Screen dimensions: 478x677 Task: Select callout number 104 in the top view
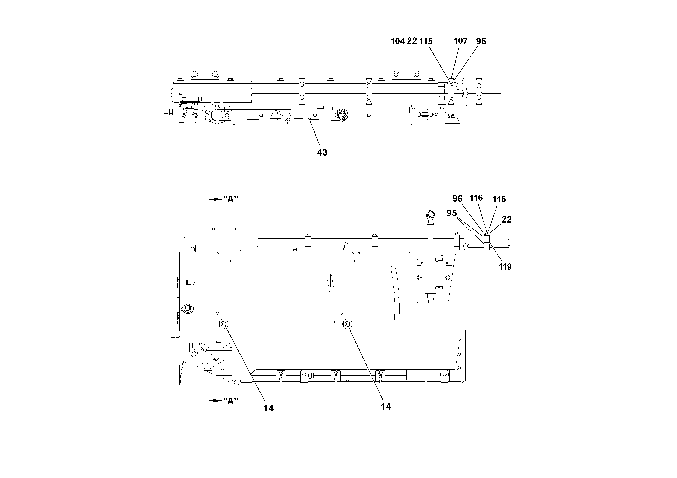pos(398,41)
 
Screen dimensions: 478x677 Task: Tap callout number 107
pos(460,41)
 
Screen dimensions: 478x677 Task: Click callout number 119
pos(505,267)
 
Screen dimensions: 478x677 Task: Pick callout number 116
pos(476,198)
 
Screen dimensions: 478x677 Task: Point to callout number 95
pos(451,213)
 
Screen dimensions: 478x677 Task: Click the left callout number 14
pos(268,408)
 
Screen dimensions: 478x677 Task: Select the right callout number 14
pos(386,407)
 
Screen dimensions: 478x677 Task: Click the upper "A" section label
pos(231,200)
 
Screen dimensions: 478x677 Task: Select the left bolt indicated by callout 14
pos(223,324)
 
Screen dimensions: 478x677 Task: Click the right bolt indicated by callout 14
pos(347,324)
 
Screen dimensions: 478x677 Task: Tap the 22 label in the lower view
pos(506,220)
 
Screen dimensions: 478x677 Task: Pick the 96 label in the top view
pos(481,41)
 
